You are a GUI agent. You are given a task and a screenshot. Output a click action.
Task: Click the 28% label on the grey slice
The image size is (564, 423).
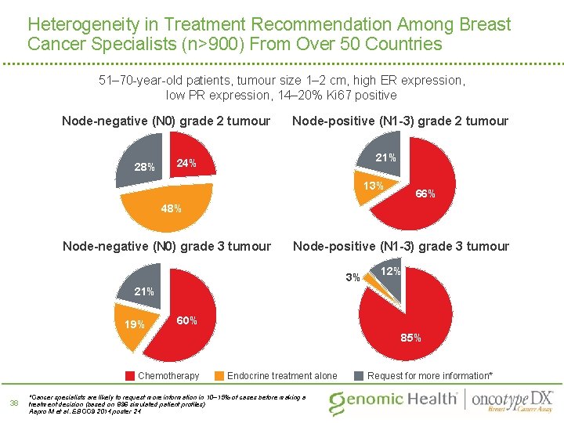pyautogui.click(x=144, y=167)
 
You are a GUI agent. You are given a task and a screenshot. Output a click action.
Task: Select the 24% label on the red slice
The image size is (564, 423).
pyautogui.click(x=186, y=163)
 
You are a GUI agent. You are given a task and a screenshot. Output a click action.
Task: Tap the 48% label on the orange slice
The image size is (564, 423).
pyautogui.click(x=171, y=209)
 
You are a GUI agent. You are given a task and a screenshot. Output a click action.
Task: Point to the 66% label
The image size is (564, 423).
pyautogui.click(x=425, y=193)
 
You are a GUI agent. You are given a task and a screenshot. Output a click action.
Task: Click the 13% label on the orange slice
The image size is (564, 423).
pyautogui.click(x=373, y=186)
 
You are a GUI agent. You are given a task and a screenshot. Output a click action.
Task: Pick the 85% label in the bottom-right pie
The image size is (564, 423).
pyautogui.click(x=410, y=338)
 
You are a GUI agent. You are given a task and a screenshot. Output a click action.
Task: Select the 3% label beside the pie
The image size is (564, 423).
pyautogui.click(x=352, y=277)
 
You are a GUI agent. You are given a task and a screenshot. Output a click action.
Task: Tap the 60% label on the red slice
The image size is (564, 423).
pyautogui.click(x=186, y=320)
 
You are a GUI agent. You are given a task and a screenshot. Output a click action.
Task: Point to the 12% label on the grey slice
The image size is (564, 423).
pyautogui.click(x=390, y=271)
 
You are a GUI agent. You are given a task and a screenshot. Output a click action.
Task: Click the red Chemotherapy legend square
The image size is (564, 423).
pyautogui.click(x=131, y=375)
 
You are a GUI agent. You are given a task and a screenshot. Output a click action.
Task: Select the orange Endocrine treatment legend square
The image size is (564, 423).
pyautogui.click(x=220, y=375)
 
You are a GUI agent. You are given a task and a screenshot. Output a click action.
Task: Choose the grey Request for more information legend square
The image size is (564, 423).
pyautogui.click(x=360, y=375)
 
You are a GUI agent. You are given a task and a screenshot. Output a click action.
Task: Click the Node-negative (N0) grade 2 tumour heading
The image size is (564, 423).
pyautogui.click(x=166, y=121)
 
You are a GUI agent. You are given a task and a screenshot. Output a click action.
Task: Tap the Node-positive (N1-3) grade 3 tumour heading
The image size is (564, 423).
pyautogui.click(x=400, y=246)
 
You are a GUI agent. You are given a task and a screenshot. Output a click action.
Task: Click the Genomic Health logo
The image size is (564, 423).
pyautogui.click(x=392, y=399)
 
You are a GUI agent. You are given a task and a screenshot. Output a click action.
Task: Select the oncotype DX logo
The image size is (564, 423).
pyautogui.click(x=512, y=399)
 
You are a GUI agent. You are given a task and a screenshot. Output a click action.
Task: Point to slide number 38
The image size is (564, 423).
pyautogui.click(x=13, y=403)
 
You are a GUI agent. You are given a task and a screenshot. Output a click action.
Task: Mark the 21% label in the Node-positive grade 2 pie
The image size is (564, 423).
pyautogui.click(x=385, y=157)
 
